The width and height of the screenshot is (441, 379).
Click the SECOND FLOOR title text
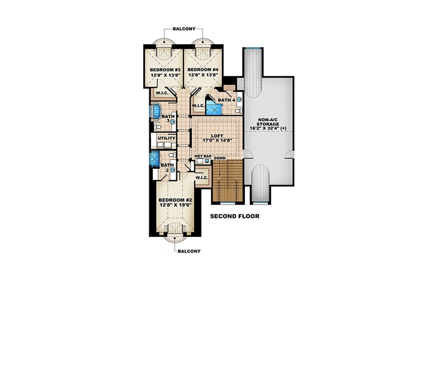[234, 217]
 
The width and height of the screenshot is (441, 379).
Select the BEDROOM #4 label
[203, 70]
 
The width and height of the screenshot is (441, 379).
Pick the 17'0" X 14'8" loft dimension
[217, 140]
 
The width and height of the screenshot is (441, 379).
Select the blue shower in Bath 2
[155, 158]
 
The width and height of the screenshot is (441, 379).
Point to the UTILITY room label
[167, 138]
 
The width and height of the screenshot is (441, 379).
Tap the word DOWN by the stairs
[220, 158]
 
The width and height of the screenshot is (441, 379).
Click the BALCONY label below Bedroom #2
[189, 251]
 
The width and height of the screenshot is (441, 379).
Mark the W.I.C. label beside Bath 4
[198, 105]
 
